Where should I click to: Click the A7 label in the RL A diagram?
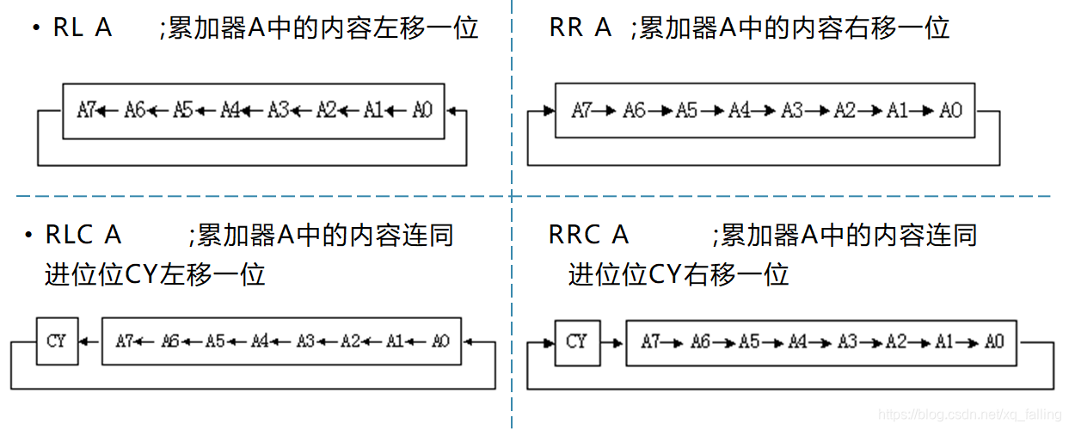(85, 110)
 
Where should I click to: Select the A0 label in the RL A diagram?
(421, 110)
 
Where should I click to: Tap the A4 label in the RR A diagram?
(740, 110)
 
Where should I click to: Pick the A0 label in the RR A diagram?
(950, 110)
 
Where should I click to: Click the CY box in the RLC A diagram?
(56, 341)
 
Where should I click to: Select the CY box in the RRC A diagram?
(576, 341)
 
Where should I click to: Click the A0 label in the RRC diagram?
(993, 341)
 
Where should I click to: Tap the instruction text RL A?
(83, 28)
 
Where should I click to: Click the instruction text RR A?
(580, 28)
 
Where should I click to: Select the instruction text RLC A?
(83, 235)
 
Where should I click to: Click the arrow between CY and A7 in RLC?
(89, 341)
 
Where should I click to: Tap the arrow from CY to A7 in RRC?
(611, 341)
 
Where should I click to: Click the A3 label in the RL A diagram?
(278, 110)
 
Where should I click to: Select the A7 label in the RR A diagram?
(582, 110)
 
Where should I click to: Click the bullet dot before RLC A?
(29, 235)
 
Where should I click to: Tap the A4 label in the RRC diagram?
(797, 341)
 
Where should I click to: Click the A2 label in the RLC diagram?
(350, 341)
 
